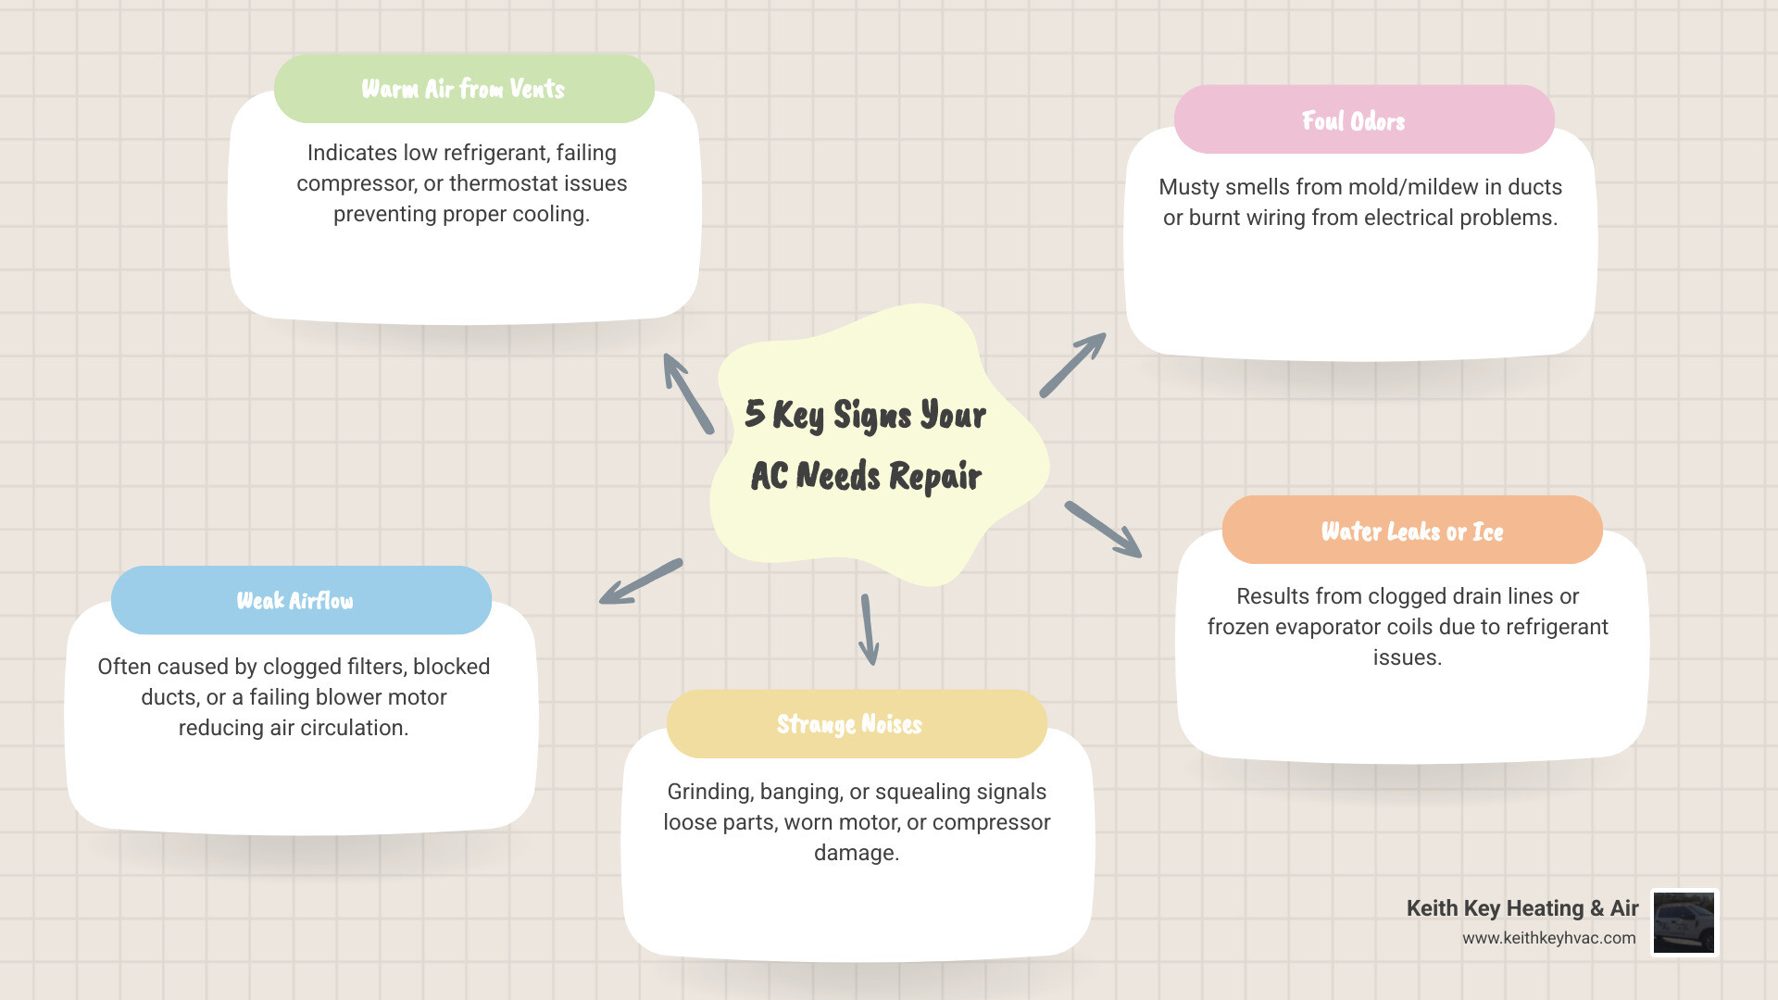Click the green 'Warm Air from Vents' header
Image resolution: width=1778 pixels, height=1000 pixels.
click(x=463, y=89)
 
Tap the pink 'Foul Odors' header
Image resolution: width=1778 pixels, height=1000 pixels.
click(x=1354, y=120)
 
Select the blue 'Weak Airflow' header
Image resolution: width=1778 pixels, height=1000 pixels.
click(x=295, y=601)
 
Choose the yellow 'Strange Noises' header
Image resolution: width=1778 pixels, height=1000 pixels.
click(x=849, y=724)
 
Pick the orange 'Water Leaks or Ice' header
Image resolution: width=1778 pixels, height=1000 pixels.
click(x=1411, y=531)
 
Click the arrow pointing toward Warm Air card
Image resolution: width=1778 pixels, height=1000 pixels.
click(x=687, y=393)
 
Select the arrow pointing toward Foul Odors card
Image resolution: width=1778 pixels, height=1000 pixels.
click(x=1072, y=365)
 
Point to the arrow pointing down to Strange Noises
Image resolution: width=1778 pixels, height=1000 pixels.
click(x=869, y=630)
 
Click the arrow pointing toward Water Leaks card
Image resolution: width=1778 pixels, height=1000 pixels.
click(x=1103, y=530)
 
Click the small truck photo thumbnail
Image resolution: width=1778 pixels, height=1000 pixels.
click(x=1684, y=922)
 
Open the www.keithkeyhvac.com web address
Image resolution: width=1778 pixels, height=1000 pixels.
click(x=1548, y=938)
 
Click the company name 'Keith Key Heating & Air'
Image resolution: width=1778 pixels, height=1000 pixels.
click(x=1521, y=908)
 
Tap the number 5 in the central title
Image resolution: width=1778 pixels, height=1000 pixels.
click(x=755, y=413)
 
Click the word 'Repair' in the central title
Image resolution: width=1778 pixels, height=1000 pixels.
click(x=934, y=476)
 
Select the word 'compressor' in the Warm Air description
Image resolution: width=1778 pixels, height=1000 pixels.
click(x=356, y=183)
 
